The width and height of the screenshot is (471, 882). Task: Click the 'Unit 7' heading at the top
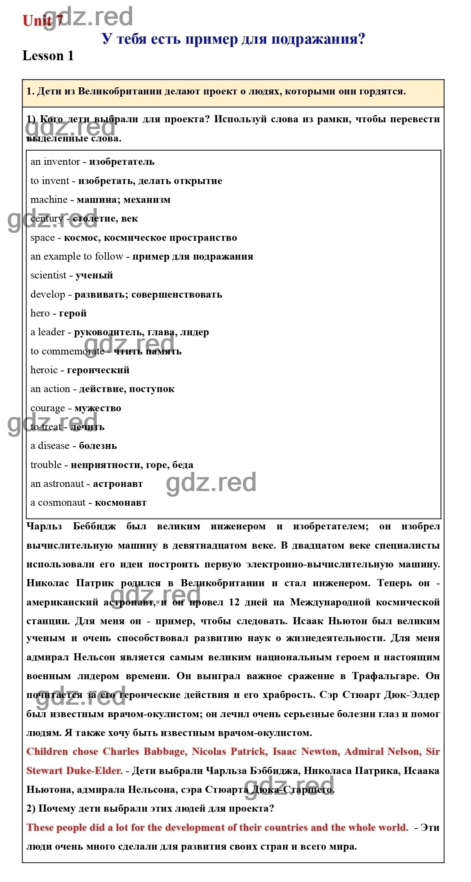coord(43,21)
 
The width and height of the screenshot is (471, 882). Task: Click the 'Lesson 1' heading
coord(48,56)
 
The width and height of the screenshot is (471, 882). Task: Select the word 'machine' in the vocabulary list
coord(49,200)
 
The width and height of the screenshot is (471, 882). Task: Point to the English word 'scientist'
coord(48,275)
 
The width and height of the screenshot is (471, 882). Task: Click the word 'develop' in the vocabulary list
coord(48,295)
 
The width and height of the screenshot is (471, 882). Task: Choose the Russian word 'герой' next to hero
coord(73,313)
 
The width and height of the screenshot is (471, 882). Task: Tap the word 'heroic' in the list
coord(44,370)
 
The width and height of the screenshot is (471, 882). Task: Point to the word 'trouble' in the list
coord(46,465)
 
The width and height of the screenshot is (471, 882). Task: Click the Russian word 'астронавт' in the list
coord(118,484)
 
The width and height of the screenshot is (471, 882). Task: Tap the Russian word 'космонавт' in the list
coord(120,503)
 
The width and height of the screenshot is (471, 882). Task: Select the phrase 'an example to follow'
coord(77,257)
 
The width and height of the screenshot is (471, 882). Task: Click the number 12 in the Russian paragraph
coord(234,602)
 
